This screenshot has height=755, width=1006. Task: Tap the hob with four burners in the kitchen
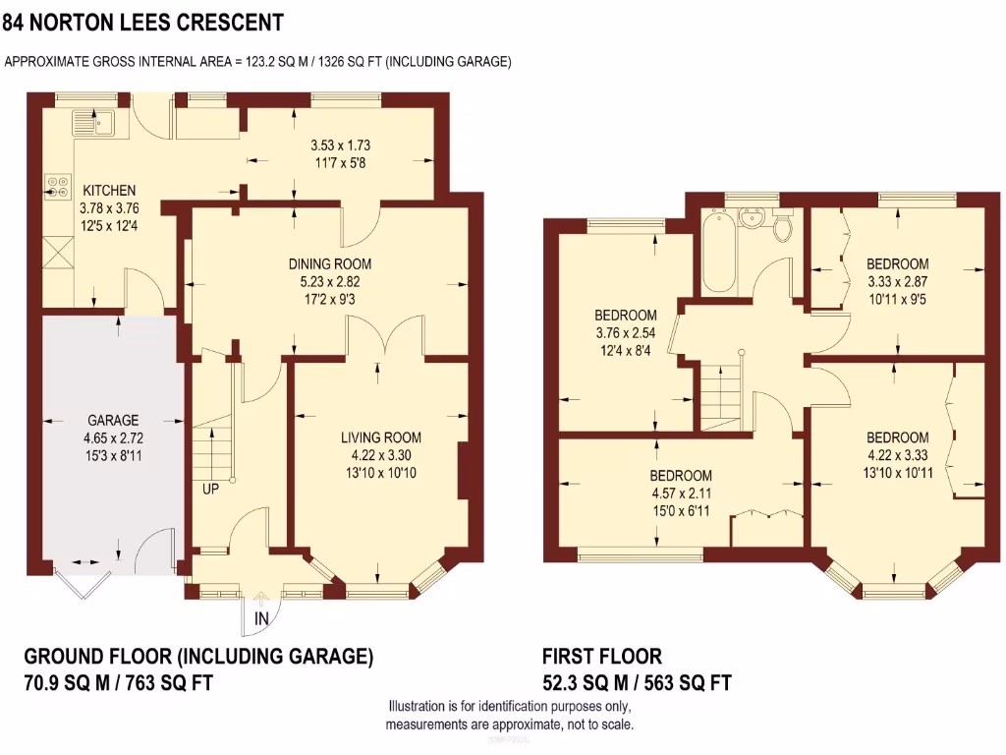[x=54, y=187]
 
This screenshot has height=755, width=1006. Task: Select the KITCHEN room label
[x=109, y=190]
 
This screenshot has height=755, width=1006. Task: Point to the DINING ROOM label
[x=330, y=263]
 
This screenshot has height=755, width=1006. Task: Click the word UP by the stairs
[x=210, y=489]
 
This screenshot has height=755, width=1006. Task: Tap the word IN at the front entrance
[x=261, y=618]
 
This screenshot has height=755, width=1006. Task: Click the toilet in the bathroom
[x=783, y=227]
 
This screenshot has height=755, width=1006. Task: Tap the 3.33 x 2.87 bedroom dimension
[x=896, y=280]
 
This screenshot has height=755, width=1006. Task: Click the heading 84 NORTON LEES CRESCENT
[x=143, y=21]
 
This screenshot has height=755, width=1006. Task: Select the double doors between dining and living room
[x=384, y=337]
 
